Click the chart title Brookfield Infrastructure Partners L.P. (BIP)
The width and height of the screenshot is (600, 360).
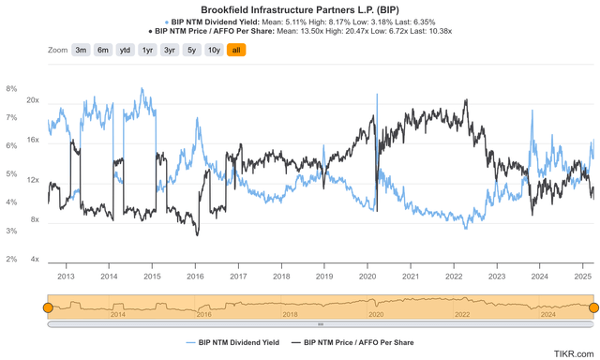(299, 8)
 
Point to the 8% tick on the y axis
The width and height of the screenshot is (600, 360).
(11, 89)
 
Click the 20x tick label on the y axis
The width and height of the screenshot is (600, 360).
(32, 100)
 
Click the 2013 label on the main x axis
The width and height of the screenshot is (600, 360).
(66, 277)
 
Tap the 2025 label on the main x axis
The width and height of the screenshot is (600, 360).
(582, 277)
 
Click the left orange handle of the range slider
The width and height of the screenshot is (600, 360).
(47, 307)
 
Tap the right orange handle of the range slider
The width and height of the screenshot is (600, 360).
(592, 307)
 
